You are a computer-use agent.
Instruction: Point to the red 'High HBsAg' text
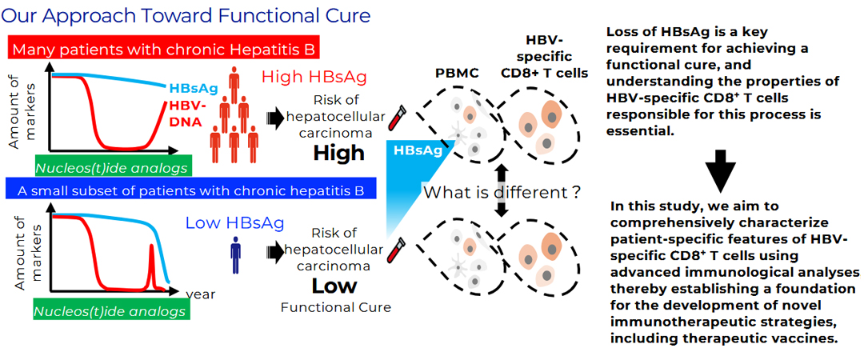point(314,77)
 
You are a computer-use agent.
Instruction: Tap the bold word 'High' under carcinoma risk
point(339,152)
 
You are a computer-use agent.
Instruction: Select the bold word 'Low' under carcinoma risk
point(334,286)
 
